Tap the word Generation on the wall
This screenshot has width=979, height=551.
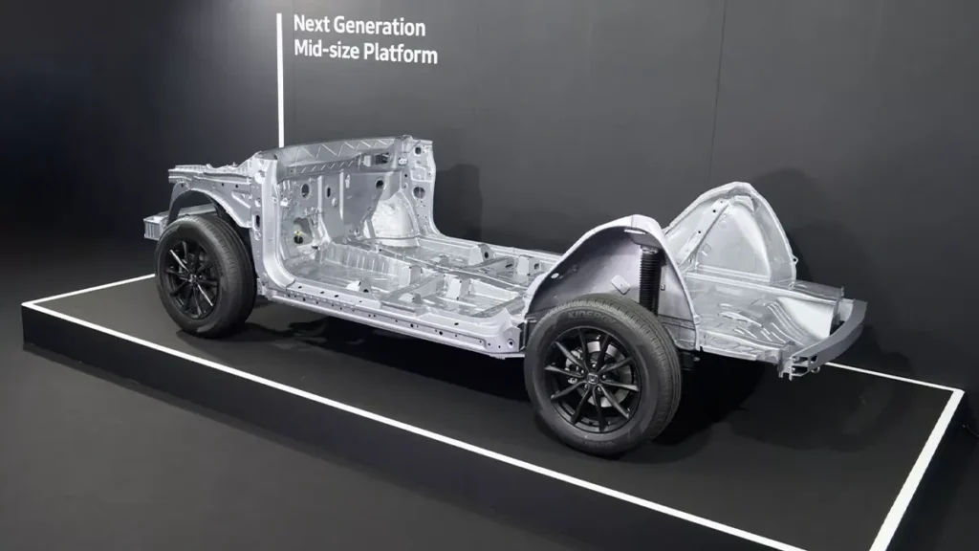click(x=379, y=26)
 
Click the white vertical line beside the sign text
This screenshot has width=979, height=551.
click(x=280, y=80)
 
